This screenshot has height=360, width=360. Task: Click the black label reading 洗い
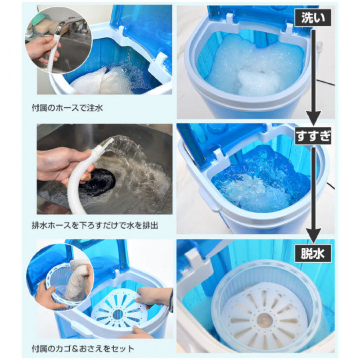[313, 18]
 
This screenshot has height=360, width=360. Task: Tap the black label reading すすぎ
[313, 136]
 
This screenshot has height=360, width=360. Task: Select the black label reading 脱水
[313, 253]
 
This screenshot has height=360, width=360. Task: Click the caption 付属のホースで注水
[67, 108]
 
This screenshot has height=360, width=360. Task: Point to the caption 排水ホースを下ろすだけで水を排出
[95, 225]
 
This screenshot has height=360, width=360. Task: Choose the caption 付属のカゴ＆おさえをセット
[83, 349]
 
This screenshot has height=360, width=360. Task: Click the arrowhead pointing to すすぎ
[313, 118]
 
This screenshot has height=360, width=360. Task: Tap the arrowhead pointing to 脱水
[313, 236]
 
